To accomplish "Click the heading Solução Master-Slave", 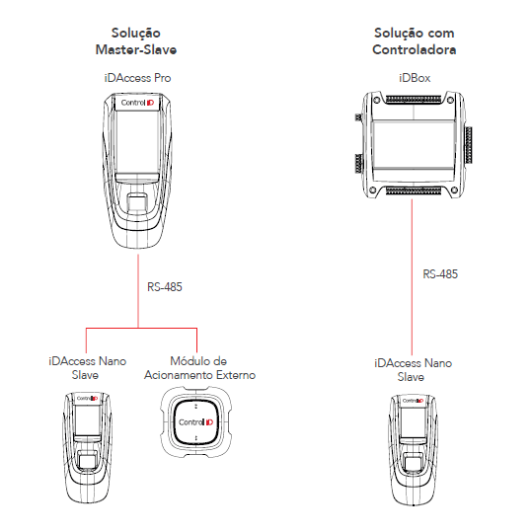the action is (x=136, y=41).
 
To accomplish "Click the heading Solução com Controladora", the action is (x=414, y=41).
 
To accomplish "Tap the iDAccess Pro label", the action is (x=137, y=78).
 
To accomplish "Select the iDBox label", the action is (x=415, y=78).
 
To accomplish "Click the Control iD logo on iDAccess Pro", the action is (x=137, y=103).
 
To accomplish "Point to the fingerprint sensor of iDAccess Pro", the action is (x=137, y=202).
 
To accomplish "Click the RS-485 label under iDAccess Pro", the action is (x=165, y=287).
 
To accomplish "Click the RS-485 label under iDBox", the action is (x=440, y=274).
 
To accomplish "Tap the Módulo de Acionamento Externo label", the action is (x=199, y=368).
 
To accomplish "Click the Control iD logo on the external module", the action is (x=195, y=422).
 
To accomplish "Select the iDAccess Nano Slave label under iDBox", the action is (x=413, y=370).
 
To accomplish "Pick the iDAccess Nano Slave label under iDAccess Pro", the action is (x=87, y=368).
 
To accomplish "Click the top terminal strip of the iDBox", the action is (x=414, y=99).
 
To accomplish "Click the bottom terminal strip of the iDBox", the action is (x=414, y=190).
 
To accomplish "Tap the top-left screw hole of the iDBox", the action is (x=376, y=101).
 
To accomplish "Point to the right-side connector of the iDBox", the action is (x=468, y=144).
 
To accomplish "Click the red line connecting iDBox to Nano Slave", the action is (x=412, y=276).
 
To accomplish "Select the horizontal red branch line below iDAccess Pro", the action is (x=141, y=328).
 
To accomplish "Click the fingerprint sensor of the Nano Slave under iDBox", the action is (x=413, y=466).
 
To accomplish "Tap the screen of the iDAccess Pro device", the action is (x=137, y=141).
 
